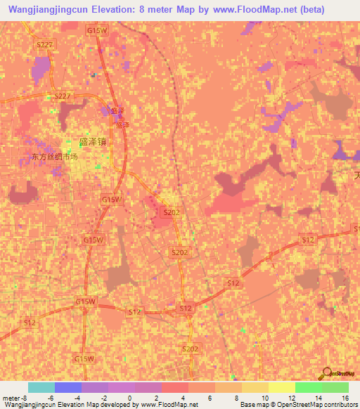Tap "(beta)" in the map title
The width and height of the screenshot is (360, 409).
click(x=334, y=9)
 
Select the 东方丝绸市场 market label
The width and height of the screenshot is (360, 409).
click(x=54, y=157)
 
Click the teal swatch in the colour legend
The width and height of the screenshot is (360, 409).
click(x=41, y=387)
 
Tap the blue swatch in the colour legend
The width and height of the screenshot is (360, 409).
click(x=68, y=387)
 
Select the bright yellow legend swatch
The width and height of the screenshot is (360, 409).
click(x=282, y=387)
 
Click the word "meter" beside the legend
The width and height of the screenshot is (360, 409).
click(x=11, y=397)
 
